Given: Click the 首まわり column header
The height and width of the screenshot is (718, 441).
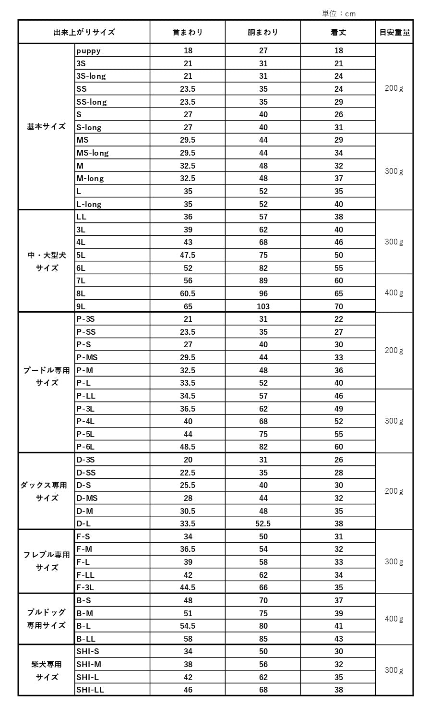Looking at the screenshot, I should tap(188, 32).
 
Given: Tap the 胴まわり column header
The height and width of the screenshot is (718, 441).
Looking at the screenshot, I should tap(263, 32).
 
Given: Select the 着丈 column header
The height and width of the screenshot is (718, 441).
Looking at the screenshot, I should tap(338, 32).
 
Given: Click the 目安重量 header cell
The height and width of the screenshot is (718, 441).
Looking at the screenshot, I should tap(394, 32).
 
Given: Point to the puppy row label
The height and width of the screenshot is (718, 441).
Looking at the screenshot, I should tap(89, 50).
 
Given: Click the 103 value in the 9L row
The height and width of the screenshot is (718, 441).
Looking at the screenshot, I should tap(263, 306).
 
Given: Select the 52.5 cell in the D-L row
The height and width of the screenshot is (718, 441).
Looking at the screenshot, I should tap(263, 523).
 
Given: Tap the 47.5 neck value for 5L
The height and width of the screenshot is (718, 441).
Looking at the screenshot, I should tap(188, 255).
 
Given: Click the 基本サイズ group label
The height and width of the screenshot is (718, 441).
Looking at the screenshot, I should tap(47, 127).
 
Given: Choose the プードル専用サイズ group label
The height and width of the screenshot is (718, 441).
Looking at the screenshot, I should tap(47, 377).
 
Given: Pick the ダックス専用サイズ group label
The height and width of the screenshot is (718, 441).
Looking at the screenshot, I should tap(44, 491).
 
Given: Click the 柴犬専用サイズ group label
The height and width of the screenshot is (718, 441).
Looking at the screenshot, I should tap(47, 670).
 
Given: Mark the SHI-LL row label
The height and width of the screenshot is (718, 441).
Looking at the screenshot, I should tap(90, 690).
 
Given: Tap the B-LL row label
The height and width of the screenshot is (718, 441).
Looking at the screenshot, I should tap(86, 639).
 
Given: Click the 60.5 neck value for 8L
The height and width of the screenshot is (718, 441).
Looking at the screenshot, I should tap(188, 293).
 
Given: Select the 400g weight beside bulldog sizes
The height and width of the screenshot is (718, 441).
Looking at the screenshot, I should tap(394, 619).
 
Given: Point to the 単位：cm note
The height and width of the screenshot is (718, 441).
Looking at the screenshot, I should tap(339, 13).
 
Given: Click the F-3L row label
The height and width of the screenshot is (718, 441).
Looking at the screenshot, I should tap(85, 587).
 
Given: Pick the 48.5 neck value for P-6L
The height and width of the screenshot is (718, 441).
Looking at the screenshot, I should tap(188, 447).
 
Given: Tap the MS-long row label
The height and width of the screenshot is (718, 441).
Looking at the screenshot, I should tap(93, 153).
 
